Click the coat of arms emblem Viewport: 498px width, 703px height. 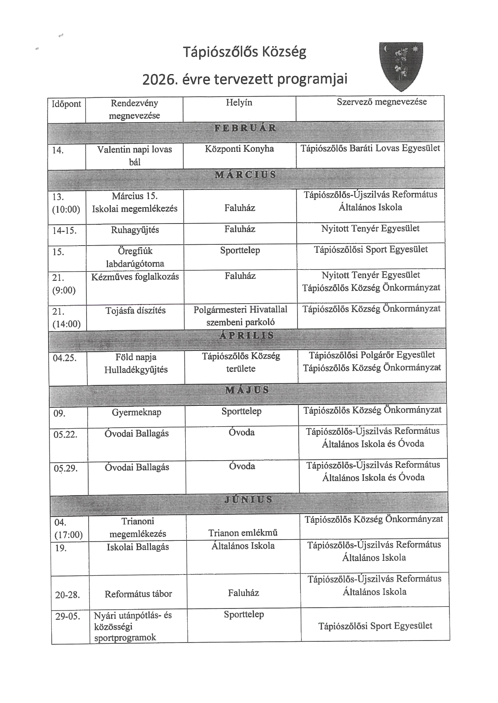[401, 66]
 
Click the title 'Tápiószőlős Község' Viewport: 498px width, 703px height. [245, 52]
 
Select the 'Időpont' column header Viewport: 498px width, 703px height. [66, 104]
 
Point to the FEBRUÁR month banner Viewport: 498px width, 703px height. [245, 128]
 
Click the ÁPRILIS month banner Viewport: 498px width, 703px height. [247, 335]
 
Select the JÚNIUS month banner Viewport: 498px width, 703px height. [248, 500]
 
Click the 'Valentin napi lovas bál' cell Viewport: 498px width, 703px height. [134, 155]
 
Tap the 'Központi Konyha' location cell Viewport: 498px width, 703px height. [239, 149]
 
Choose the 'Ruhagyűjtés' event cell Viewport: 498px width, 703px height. [135, 230]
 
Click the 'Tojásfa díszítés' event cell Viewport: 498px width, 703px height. [136, 310]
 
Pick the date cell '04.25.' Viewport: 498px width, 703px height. [65, 358]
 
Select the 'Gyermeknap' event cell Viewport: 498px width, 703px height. [136, 412]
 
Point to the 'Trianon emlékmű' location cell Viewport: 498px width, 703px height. [243, 533]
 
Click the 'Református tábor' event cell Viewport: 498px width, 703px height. [138, 594]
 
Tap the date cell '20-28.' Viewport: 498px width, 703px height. [67, 595]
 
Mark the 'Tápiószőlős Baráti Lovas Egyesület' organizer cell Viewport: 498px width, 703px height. [370, 148]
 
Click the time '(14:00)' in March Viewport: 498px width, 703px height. [67, 324]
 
